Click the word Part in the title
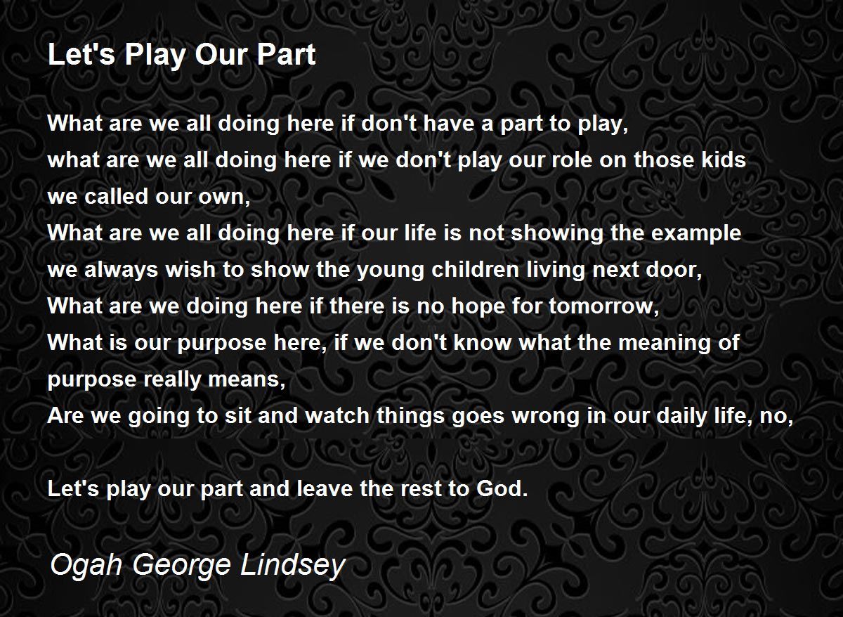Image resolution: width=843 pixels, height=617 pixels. [286, 55]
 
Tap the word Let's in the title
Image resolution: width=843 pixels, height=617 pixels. [81, 55]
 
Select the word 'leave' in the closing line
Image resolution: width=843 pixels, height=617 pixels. [325, 488]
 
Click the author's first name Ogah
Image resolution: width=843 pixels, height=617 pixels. [86, 566]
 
